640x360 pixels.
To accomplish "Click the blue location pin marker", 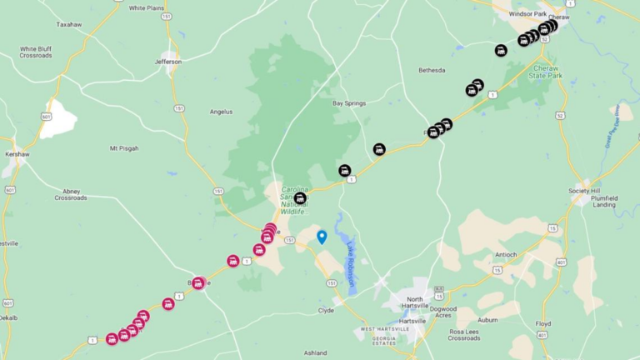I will [322, 236].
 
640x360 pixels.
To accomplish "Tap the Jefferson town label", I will [168, 62].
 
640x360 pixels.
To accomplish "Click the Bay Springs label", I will [349, 103].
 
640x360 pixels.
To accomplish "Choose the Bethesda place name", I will [432, 70].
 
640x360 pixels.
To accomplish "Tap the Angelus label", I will [221, 112].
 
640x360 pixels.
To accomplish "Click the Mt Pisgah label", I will [124, 148].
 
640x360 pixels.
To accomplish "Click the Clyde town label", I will [326, 310].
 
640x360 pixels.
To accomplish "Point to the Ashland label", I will [315, 352].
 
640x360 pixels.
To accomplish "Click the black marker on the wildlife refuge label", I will [299, 198].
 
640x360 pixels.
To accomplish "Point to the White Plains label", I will [147, 7].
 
